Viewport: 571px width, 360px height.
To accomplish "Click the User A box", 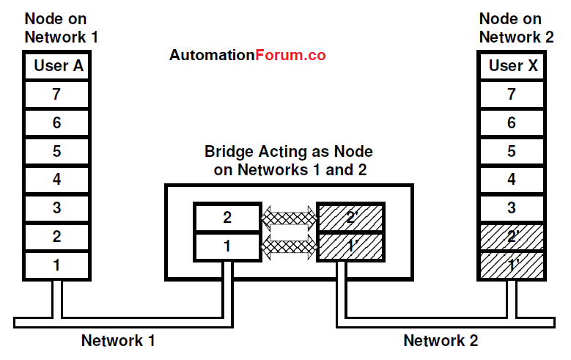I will (x=57, y=66).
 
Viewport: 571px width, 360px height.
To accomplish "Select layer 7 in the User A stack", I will (x=57, y=95).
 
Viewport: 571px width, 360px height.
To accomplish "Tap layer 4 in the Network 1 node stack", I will (x=57, y=180).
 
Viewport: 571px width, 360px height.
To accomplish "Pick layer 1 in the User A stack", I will (x=57, y=265).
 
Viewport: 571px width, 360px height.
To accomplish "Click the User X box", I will (x=512, y=66).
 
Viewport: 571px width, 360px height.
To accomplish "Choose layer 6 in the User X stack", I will (x=512, y=123).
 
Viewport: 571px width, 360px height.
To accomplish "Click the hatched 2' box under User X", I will (x=512, y=236).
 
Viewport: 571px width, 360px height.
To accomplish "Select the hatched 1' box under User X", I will (x=512, y=265).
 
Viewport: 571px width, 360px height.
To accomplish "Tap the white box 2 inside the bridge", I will (x=227, y=218).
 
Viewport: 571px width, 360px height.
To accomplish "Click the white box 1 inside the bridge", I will (x=227, y=246).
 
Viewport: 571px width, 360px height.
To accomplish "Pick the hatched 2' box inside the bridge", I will (x=350, y=218).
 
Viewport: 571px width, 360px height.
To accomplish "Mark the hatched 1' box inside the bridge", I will (x=350, y=246).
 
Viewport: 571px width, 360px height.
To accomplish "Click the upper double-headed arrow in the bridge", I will (x=289, y=217).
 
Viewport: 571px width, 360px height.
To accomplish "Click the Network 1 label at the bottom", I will (x=118, y=341).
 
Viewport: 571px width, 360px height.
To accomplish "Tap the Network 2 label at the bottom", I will (x=441, y=341).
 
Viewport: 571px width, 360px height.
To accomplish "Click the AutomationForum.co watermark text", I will (x=248, y=55).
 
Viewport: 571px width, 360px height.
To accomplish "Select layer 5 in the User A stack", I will (x=57, y=151).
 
